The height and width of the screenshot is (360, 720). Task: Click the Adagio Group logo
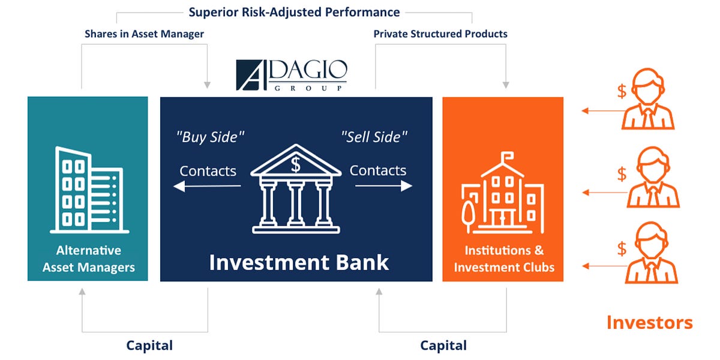[x=291, y=75]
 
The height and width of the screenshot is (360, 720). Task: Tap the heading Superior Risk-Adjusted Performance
[x=294, y=12]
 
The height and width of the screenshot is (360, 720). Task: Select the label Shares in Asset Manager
[x=144, y=34]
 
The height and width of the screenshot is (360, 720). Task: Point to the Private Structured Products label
[x=440, y=34]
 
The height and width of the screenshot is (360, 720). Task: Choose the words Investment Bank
[x=299, y=262]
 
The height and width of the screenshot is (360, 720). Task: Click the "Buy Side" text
[x=210, y=137]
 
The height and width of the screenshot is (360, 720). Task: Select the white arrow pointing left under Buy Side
[x=207, y=187]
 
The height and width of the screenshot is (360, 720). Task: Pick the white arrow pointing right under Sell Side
[x=383, y=186]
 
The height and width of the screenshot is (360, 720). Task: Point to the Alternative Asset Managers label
[x=88, y=259]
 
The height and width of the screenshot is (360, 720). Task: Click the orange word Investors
[x=649, y=323]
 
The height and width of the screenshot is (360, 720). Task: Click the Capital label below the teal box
[x=149, y=346]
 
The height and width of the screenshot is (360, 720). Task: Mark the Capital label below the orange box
[x=443, y=346]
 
